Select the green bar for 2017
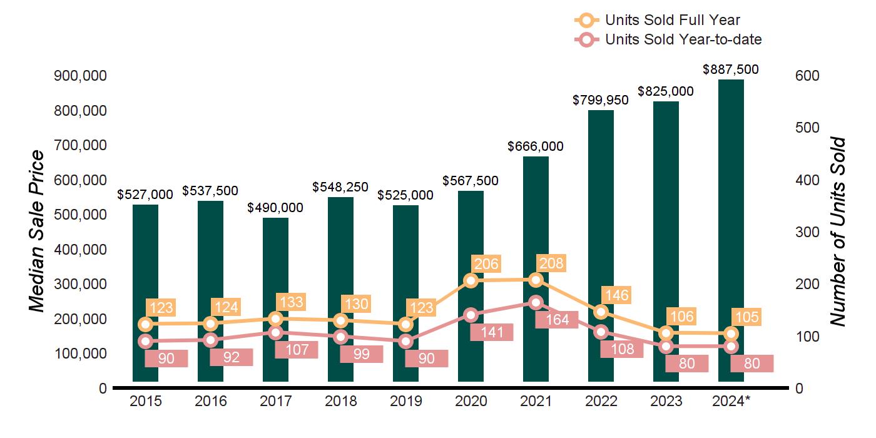click(275, 263)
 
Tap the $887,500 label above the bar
click(731, 69)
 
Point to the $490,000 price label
click(275, 207)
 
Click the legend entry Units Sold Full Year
click(672, 20)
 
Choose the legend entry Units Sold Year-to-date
click(683, 39)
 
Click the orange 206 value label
click(487, 264)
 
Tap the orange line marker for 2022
click(601, 312)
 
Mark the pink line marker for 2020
click(471, 315)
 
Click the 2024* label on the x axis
click(731, 401)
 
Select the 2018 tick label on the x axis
click(340, 401)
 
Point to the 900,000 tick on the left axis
click(81, 76)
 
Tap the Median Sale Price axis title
click(37, 232)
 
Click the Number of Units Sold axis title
click(838, 232)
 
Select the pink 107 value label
click(297, 349)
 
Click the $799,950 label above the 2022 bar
click(601, 100)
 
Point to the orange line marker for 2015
click(145, 324)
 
